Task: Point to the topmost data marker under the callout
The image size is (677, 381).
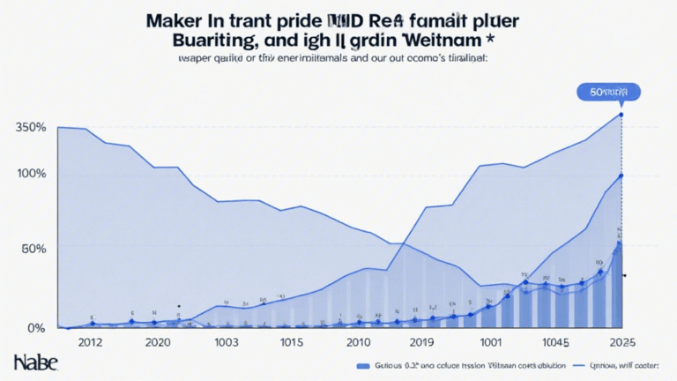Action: click(621, 115)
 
